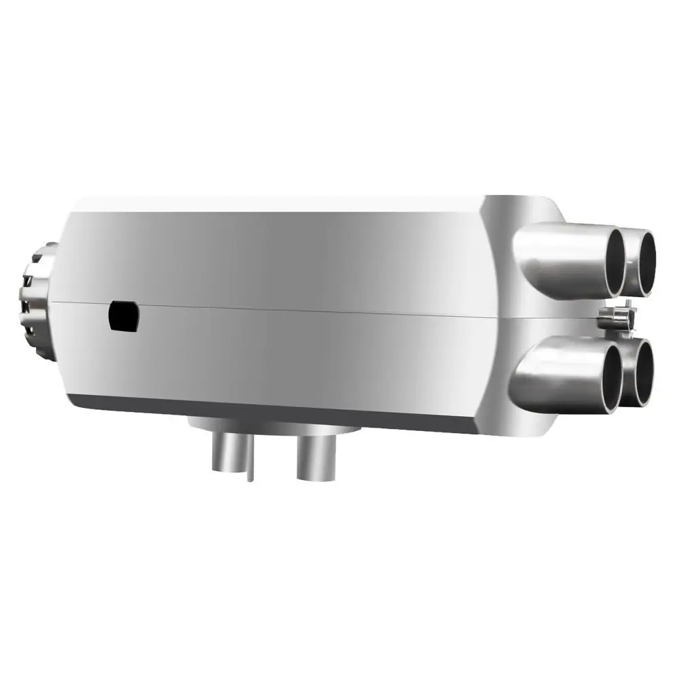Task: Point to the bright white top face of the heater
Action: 272,203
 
